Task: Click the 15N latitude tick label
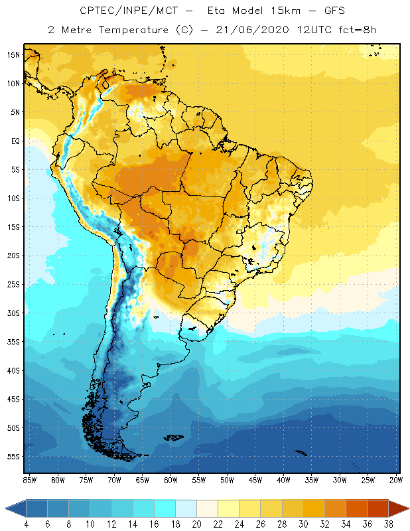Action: tap(14, 54)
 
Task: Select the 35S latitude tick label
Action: tap(14, 342)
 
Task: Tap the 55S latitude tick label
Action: tap(14, 457)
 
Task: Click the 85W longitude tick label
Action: tap(29, 479)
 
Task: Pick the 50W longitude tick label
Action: tap(227, 479)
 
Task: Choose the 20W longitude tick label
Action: tap(396, 479)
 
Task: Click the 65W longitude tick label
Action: tap(142, 479)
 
